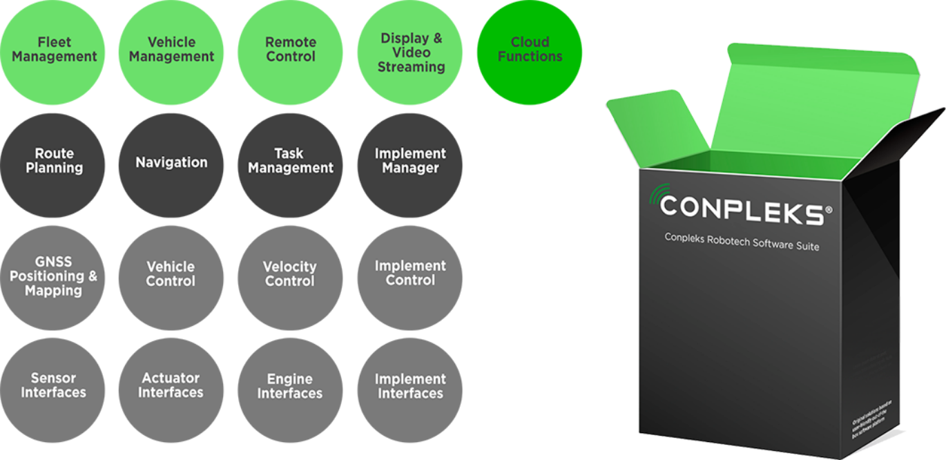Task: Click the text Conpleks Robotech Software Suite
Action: point(742,241)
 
